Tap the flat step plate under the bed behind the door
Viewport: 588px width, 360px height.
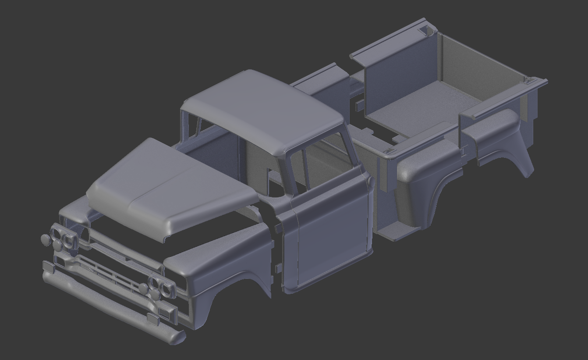pyautogui.click(x=394, y=232)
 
